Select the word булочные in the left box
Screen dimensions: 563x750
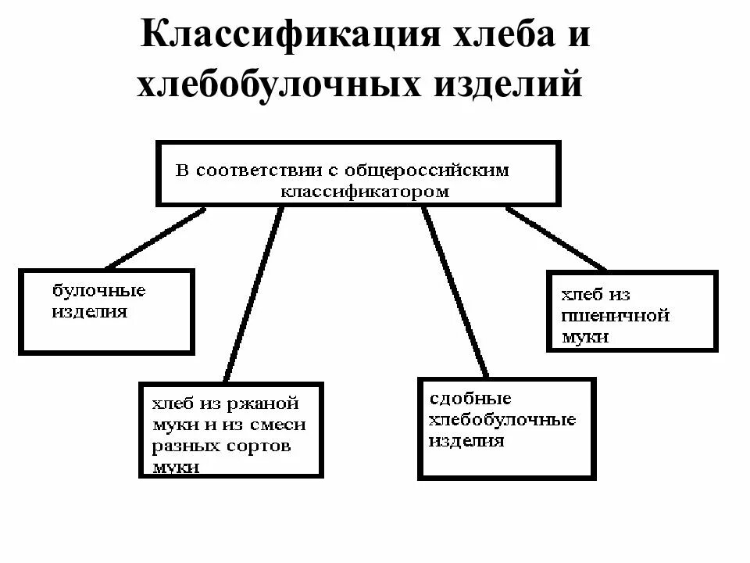(x=98, y=291)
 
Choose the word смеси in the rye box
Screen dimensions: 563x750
(x=277, y=425)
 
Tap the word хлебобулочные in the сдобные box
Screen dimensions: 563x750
(x=502, y=420)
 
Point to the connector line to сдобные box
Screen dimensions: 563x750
(x=455, y=293)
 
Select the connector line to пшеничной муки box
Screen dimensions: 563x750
(x=555, y=238)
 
